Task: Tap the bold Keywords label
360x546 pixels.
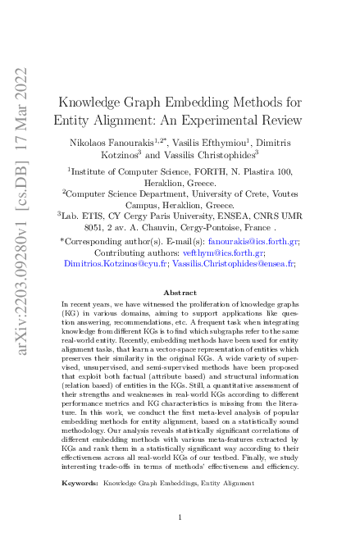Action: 80,484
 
